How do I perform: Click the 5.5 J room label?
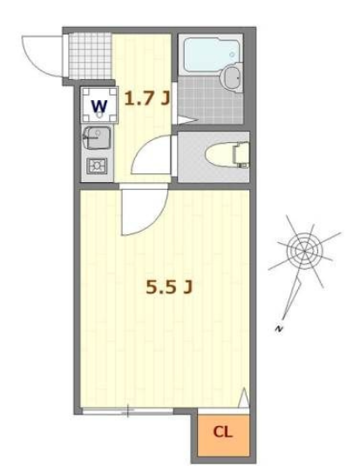point(169,287)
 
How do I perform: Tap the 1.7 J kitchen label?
point(147,98)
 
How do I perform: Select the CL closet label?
point(222,432)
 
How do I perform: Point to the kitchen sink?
point(97,138)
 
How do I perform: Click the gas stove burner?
point(97,166)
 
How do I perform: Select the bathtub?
point(211,55)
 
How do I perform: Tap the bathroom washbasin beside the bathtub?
point(232,78)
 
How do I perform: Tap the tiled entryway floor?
point(91,56)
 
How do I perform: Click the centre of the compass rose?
point(304,251)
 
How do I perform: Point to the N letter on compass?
point(279,328)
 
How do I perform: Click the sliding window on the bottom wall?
point(127,410)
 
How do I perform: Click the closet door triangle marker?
point(244,398)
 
